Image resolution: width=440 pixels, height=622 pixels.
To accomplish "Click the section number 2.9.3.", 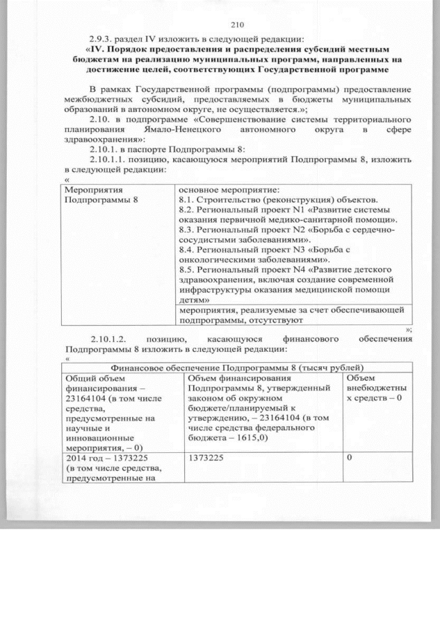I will coord(103,38).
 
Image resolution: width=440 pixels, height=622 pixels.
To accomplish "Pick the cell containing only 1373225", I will coord(204,458).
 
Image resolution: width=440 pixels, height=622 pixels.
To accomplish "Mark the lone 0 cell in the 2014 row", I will coord(349,458).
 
